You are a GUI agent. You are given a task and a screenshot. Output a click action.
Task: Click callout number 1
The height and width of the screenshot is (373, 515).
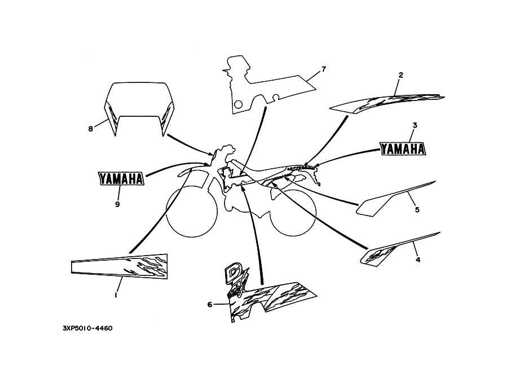(116, 295)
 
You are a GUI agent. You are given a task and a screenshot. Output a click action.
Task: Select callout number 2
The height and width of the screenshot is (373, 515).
(400, 74)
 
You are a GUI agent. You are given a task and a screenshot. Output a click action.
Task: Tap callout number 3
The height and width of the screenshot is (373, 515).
(414, 125)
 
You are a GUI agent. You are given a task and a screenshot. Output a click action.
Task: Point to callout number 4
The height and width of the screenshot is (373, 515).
(417, 260)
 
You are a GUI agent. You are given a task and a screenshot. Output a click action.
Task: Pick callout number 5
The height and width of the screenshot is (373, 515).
(417, 210)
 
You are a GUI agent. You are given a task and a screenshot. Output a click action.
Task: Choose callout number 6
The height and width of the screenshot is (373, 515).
(209, 305)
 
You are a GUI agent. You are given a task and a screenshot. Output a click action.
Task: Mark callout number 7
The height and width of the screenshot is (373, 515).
(324, 69)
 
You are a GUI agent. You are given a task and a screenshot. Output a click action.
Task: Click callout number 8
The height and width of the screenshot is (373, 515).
(90, 129)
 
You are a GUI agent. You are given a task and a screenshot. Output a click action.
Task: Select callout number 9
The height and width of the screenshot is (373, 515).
(117, 204)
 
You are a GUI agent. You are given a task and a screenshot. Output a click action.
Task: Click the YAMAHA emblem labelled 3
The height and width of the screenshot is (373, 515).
(403, 148)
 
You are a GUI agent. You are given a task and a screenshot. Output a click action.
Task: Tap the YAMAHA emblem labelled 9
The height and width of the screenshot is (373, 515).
(121, 178)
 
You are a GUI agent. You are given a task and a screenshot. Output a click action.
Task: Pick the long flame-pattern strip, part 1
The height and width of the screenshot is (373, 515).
(120, 266)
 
